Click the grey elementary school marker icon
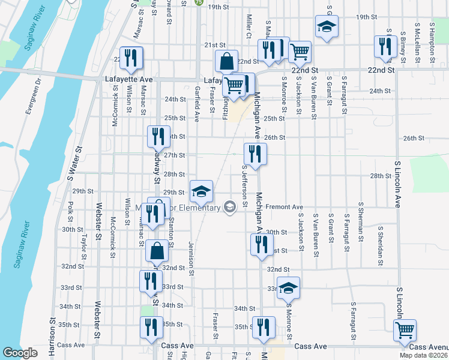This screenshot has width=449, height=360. (229, 207)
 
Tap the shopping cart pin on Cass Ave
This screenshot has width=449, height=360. (405, 329)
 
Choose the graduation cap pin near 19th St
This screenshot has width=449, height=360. (327, 26)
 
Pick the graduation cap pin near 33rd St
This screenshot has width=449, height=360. (288, 288)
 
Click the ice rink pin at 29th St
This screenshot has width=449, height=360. (202, 191)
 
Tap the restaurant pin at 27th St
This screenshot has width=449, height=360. (255, 154)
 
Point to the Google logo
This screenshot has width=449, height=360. (20, 353)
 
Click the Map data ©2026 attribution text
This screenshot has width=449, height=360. (423, 355)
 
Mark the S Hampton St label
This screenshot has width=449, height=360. (432, 43)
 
